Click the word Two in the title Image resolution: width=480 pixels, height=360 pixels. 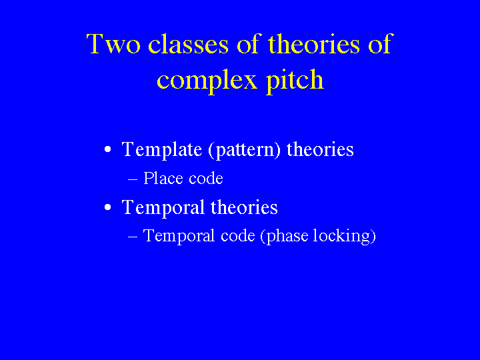click(x=113, y=44)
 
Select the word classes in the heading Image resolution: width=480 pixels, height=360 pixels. click(x=188, y=43)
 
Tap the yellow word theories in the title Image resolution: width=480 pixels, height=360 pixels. click(x=313, y=43)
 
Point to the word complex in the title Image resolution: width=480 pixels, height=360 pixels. click(x=207, y=81)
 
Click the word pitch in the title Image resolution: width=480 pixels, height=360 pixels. click(x=295, y=79)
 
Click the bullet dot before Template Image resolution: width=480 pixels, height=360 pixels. click(x=107, y=150)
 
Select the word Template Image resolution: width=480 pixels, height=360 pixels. click(x=162, y=150)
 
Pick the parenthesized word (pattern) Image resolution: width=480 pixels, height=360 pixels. click(x=244, y=150)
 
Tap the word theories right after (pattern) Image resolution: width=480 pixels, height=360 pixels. click(x=320, y=149)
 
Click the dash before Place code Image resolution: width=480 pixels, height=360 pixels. click(x=133, y=179)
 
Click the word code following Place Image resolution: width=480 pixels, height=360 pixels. click(x=206, y=178)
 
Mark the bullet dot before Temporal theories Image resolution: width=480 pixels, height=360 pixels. click(x=107, y=207)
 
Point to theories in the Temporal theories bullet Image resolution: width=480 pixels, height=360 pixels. click(x=244, y=207)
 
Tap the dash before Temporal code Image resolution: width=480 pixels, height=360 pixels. click(x=133, y=237)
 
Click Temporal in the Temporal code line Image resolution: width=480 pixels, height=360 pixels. click(x=179, y=236)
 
